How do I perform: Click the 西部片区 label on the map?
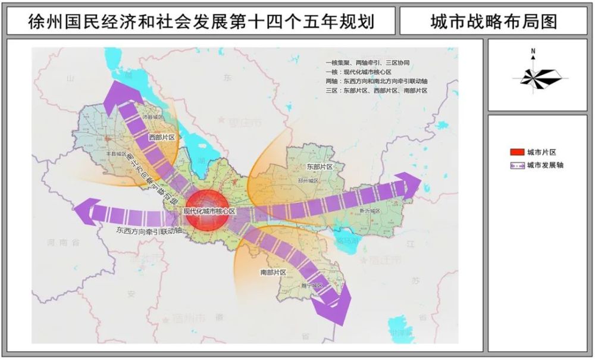click(x=161, y=137)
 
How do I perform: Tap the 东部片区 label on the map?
click(x=314, y=167)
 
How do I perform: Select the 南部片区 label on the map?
click(x=273, y=272)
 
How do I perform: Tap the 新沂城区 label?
click(x=369, y=211)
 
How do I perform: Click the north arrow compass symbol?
click(x=534, y=74)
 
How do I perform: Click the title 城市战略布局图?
click(x=493, y=22)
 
